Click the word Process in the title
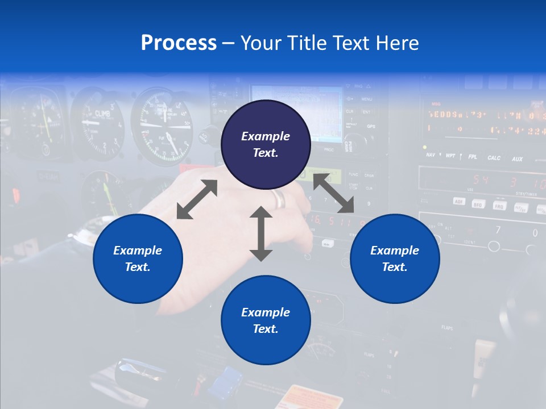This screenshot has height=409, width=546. pyautogui.click(x=179, y=43)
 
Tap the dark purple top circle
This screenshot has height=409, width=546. pyautogui.click(x=266, y=145)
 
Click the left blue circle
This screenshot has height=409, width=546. pyautogui.click(x=138, y=258)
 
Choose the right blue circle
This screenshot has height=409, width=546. pyautogui.click(x=395, y=258)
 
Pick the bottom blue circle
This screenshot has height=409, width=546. pyautogui.click(x=266, y=320)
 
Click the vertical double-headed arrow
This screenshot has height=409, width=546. pyautogui.click(x=261, y=234)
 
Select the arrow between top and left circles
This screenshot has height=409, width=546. pyautogui.click(x=197, y=199)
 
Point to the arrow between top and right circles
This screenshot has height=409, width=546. pyautogui.click(x=333, y=193)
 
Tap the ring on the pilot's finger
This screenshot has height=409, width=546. pyautogui.click(x=279, y=199)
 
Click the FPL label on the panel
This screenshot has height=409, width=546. pyautogui.click(x=473, y=157)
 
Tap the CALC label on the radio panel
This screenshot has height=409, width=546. pyautogui.click(x=494, y=158)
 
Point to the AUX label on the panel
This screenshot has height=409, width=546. pyautogui.click(x=517, y=159)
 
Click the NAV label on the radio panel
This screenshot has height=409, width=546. pyautogui.click(x=431, y=155)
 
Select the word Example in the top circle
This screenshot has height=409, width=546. pyautogui.click(x=266, y=136)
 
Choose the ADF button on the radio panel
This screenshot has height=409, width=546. pyautogui.click(x=459, y=201)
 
